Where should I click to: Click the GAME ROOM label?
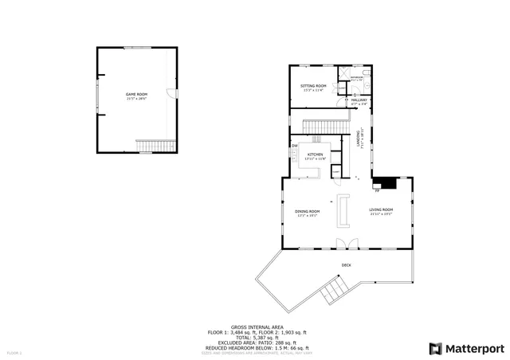click(136, 94)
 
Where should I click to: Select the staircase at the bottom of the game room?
click(155, 146)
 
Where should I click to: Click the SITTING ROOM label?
click(313, 85)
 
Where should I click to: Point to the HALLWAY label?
click(359, 100)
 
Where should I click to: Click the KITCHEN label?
click(315, 154)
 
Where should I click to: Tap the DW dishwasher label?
click(294, 146)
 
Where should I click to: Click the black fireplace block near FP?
click(386, 182)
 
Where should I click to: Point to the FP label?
click(376, 191)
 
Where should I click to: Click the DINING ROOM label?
click(307, 211)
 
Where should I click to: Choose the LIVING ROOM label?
click(382, 211)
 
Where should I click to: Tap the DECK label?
click(346, 264)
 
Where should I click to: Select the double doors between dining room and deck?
click(342, 242)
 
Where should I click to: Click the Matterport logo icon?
click(433, 348)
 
